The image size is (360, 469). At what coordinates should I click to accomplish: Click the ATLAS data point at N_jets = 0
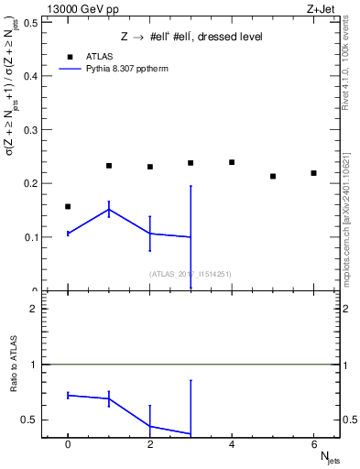[x=68, y=207]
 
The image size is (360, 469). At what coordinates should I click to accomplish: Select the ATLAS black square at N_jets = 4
[x=232, y=162]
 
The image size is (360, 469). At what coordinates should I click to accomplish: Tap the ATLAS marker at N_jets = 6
[x=313, y=173]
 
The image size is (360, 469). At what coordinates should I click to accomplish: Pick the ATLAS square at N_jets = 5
[x=273, y=176]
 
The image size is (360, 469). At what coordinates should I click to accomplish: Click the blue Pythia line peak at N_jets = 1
[x=109, y=210]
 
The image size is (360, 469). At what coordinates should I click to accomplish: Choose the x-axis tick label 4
[x=232, y=443]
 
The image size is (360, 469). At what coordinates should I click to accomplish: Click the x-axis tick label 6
[x=313, y=443]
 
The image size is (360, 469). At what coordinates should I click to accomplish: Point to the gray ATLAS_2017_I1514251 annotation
[x=190, y=274]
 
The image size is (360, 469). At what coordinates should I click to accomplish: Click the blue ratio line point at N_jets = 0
[x=68, y=395]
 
